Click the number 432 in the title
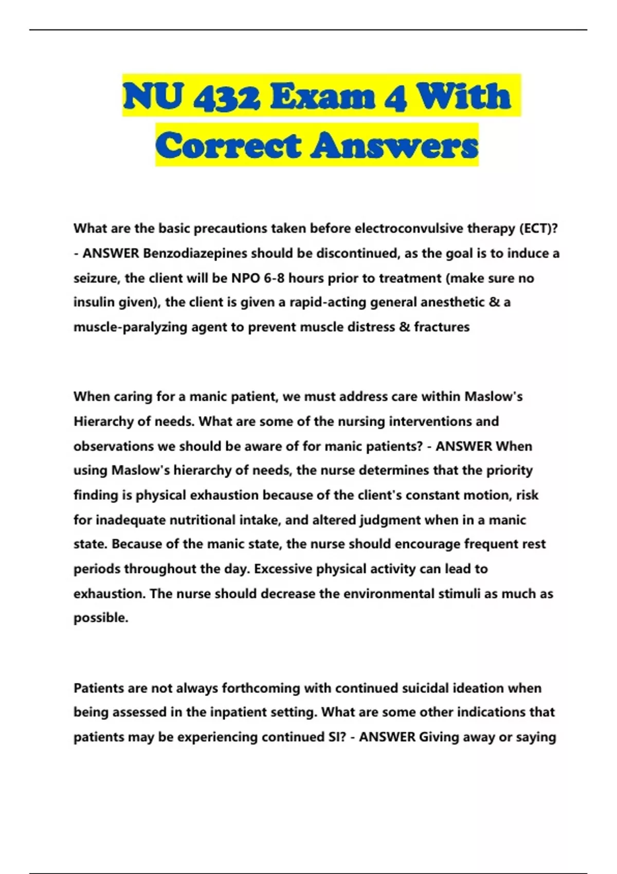227,96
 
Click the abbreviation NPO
245,278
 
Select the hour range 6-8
274,278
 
